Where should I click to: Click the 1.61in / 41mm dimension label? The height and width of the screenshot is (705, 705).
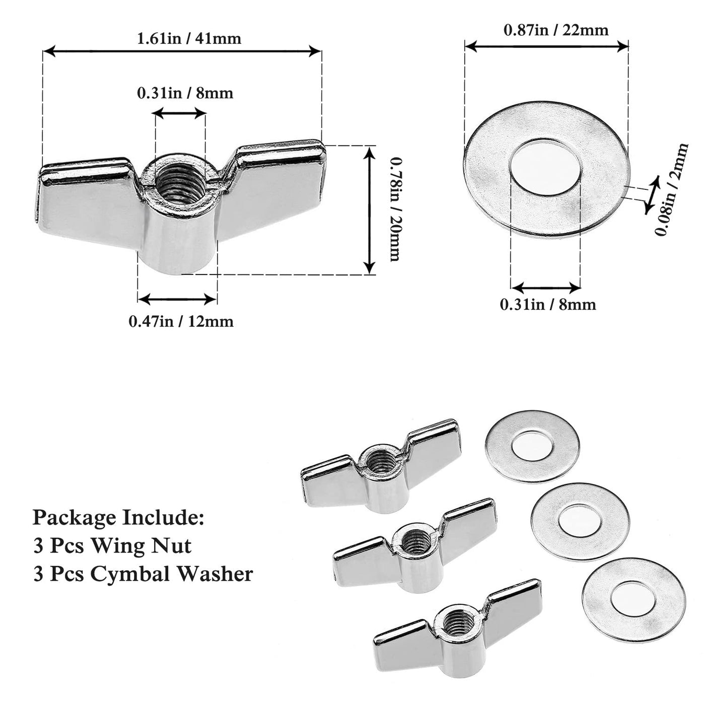pos(189,38)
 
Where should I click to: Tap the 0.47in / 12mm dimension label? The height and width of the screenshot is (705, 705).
pos(181,321)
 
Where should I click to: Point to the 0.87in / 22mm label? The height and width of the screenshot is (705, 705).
pos(556,30)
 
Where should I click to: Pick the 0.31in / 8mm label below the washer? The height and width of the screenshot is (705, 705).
pos(547,304)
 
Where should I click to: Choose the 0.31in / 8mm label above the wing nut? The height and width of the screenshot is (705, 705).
pos(185,93)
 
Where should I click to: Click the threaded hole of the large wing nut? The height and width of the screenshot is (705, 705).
pos(180,179)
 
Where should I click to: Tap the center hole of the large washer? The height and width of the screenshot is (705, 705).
pos(546,167)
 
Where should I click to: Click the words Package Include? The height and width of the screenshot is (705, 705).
pos(118,517)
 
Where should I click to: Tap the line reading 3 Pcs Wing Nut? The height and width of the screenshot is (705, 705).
pos(112,545)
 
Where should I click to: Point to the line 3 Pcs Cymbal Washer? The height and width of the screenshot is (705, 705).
pos(143,574)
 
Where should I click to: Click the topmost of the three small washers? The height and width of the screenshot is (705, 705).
pos(532,444)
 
